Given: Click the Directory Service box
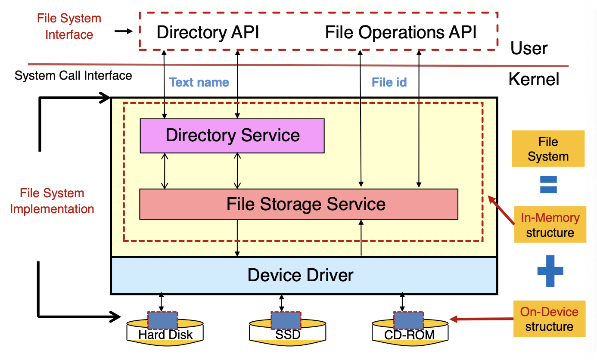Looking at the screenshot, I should coord(232,136).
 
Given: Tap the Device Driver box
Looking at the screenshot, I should coord(300,275).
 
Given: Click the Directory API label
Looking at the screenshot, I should coord(208,33).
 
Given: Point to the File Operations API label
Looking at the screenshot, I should coord(401,33).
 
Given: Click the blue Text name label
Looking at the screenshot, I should coord(199,82).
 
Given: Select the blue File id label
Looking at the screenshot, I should coord(389,82).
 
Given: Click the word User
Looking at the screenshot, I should coord(529,48).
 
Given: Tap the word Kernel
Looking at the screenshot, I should coord(534,79).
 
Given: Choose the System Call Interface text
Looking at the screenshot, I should coord(73,76).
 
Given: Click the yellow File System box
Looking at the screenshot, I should coord(548,149).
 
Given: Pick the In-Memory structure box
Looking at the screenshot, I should coord(550,225).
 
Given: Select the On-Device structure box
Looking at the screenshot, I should coord(549,319).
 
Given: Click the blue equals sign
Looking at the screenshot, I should coord(548,184).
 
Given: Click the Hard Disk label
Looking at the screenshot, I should coord(165,335).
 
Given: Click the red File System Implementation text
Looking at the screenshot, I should coord(52,201).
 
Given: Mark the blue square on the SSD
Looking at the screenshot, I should coord(286,320).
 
